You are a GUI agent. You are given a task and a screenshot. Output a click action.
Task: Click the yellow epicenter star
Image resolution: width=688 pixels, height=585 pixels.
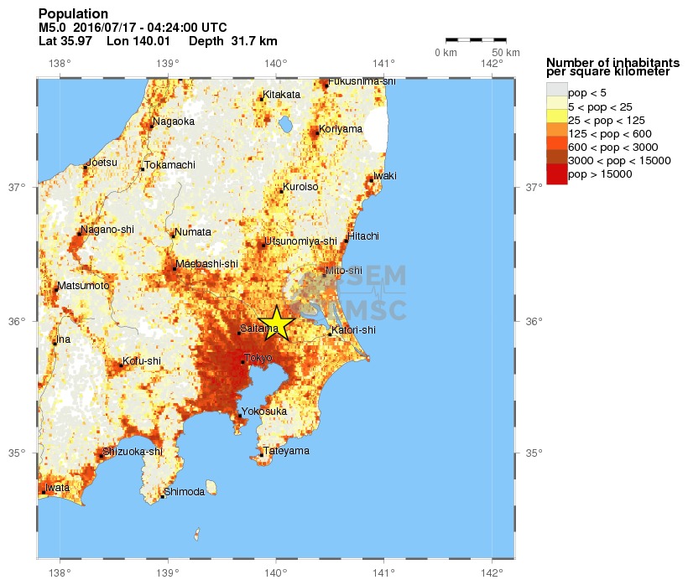[276, 323]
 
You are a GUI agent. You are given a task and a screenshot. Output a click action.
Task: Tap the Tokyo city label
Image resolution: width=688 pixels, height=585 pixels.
[258, 358]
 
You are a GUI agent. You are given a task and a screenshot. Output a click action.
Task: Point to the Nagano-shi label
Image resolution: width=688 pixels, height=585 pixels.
[107, 229]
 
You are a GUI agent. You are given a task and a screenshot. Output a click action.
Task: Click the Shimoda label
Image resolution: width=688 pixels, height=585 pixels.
[185, 492]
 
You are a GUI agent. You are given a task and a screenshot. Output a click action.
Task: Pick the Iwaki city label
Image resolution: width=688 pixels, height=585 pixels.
[385, 175]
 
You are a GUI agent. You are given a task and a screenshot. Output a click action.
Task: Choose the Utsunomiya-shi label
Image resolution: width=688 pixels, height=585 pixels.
[300, 241]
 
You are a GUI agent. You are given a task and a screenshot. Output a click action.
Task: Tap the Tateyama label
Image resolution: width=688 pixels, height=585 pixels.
[286, 451]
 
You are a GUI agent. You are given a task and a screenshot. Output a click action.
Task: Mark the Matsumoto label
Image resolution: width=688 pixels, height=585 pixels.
[84, 286]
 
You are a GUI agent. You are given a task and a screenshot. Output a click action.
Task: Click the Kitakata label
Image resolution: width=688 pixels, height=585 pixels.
[282, 95]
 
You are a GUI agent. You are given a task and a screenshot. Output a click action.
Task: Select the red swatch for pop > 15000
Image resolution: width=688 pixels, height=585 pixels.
[556, 174]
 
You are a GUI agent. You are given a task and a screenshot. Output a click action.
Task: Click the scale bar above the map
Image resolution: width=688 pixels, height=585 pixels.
[476, 39]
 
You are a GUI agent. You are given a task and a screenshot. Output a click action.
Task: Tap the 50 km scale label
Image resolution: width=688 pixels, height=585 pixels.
[504, 53]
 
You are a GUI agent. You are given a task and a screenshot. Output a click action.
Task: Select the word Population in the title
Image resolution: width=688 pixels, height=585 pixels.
[73, 14]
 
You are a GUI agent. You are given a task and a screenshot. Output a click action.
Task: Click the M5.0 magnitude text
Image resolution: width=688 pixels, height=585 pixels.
[52, 28]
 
